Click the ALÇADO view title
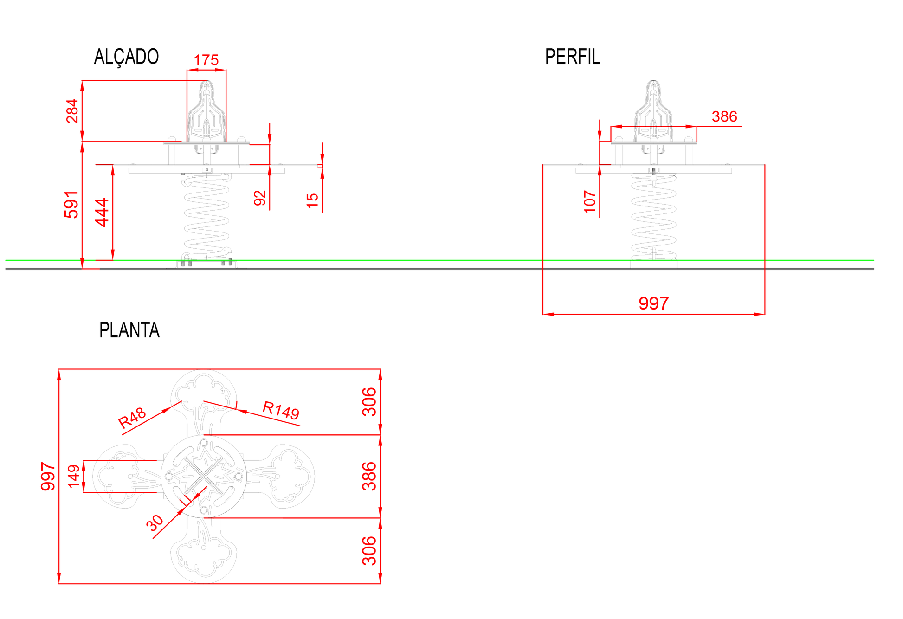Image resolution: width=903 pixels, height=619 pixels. pos(126,57)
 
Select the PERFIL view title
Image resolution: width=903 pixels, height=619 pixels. pos(572,57)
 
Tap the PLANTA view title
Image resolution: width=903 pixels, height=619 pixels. pos(129,330)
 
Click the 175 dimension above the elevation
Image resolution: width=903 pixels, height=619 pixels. pos(206,60)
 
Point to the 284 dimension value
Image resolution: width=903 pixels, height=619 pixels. pos(72,111)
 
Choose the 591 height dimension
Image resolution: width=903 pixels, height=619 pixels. pos(71,204)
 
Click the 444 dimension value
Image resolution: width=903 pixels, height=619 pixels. pos(102,213)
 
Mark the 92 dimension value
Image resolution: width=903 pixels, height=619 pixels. pos(260,198)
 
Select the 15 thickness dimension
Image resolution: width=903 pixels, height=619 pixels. pos(312,200)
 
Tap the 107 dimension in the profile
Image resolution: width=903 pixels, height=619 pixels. pos(589,202)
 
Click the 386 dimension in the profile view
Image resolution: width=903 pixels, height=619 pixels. pos(724,116)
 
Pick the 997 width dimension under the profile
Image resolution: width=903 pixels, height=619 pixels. pos(654,303)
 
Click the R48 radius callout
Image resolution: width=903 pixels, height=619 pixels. pos(132,418)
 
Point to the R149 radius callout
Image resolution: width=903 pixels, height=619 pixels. pos(281,410)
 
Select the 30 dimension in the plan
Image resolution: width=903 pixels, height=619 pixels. pos(155,523)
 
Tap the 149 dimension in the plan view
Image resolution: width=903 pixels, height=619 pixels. pos(74,477)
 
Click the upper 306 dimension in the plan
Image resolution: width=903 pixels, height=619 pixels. pos(369,402)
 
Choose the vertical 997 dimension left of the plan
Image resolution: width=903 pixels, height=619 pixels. pos(48,476)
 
